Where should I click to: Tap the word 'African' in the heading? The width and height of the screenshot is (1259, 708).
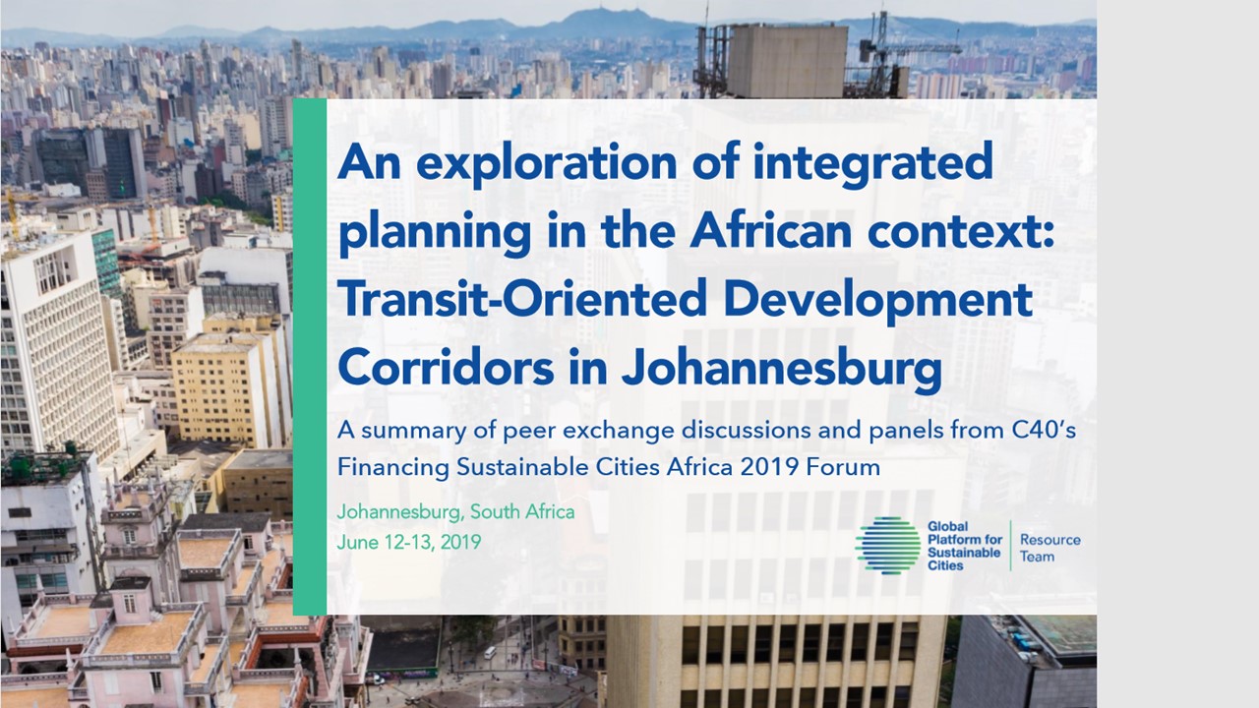tap(770, 231)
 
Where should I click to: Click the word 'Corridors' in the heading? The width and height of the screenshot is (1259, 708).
tap(446, 368)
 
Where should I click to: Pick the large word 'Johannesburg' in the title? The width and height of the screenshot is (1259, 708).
tap(781, 369)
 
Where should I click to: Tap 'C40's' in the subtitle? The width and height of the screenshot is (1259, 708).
tap(1044, 431)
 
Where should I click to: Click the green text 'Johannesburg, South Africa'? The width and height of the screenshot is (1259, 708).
tap(455, 512)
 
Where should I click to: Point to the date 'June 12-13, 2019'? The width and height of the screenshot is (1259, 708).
tap(409, 542)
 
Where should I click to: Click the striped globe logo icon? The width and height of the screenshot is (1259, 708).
tap(887, 546)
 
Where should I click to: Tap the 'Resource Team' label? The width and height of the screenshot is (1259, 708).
tap(1049, 548)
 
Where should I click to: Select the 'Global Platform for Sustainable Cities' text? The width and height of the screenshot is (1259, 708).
tap(965, 546)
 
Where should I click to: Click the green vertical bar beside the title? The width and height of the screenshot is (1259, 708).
tap(310, 357)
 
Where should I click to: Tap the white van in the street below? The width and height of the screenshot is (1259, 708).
tap(490, 652)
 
